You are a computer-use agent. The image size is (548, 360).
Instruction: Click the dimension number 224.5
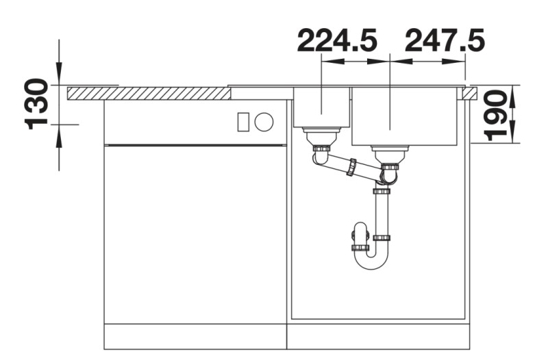coord(337,40)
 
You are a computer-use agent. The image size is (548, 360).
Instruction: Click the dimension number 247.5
coord(445,40)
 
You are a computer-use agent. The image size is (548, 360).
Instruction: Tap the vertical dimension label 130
coord(36,104)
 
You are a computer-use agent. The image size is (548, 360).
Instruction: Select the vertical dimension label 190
coord(495,115)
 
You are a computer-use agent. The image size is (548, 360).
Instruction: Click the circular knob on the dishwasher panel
coord(264,122)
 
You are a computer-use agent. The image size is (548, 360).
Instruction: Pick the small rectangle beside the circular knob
coord(243,122)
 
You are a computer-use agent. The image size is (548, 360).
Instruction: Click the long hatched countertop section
coord(149,94)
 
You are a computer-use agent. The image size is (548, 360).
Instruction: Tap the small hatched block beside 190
coord(469,93)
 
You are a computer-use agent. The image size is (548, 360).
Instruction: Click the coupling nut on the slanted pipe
coord(351,167)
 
